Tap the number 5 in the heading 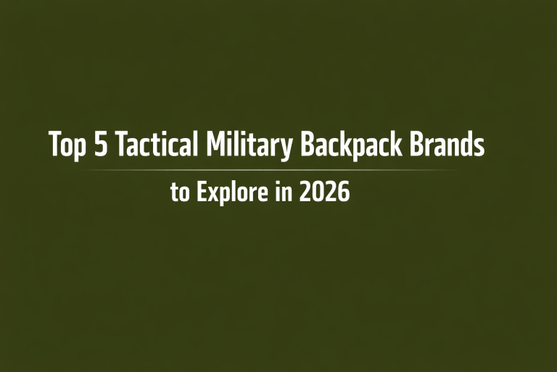(102, 145)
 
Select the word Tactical (156, 145)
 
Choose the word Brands (445, 145)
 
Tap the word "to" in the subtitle (178, 193)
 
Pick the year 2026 (324, 193)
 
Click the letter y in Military (286, 148)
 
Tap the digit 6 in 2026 (344, 193)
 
